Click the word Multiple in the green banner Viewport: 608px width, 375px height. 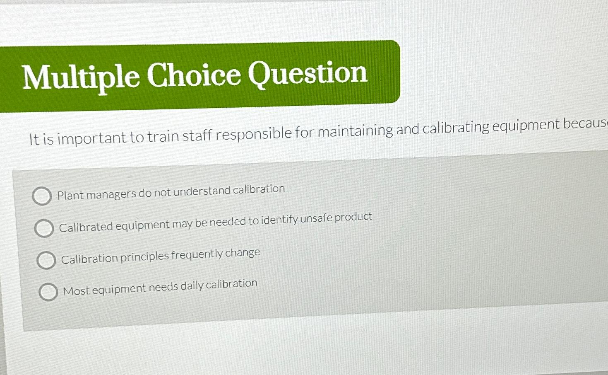[81, 77]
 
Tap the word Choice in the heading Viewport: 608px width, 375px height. [194, 75]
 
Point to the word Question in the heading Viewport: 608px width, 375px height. [307, 73]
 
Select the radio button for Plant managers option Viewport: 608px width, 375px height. [42, 196]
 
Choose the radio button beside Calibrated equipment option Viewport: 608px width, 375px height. [44, 228]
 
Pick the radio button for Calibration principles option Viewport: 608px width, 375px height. [46, 260]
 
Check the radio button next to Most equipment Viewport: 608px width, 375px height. [48, 292]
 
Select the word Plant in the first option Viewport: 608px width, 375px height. [70, 195]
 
